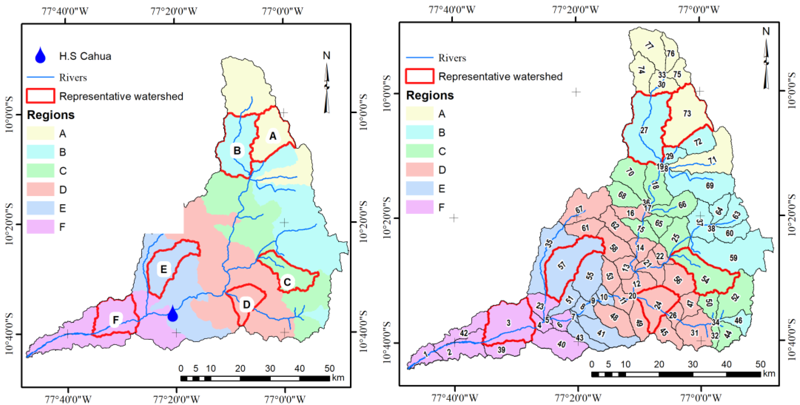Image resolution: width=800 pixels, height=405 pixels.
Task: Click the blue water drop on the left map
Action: [x=173, y=314]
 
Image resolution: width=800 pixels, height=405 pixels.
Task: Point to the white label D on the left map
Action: [x=247, y=304]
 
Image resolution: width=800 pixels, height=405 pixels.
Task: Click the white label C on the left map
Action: [x=287, y=282]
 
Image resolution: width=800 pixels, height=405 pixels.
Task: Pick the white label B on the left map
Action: [x=237, y=151]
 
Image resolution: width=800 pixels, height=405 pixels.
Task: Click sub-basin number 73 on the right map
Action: [x=687, y=114]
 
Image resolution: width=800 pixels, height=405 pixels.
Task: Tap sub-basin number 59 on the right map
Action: [x=733, y=258]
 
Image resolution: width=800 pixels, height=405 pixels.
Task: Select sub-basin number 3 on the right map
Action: [x=509, y=323]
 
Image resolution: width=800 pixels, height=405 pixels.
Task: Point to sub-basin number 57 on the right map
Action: [x=562, y=265]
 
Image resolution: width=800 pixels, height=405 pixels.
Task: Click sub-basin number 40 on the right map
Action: [x=561, y=344]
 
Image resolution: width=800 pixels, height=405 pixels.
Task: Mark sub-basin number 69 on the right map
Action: [x=710, y=186]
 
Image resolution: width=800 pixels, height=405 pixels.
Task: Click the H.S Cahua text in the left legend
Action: [x=85, y=56]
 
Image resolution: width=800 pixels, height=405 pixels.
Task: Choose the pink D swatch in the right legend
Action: [x=419, y=170]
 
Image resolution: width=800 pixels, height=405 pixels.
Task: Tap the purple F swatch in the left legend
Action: [x=40, y=227]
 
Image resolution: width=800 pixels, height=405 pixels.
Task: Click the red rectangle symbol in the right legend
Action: [x=419, y=76]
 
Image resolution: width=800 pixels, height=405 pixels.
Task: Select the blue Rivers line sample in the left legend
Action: [x=40, y=77]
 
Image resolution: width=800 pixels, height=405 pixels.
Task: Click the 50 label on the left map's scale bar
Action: [x=329, y=369]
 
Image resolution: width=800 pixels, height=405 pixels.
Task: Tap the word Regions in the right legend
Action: [x=430, y=95]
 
